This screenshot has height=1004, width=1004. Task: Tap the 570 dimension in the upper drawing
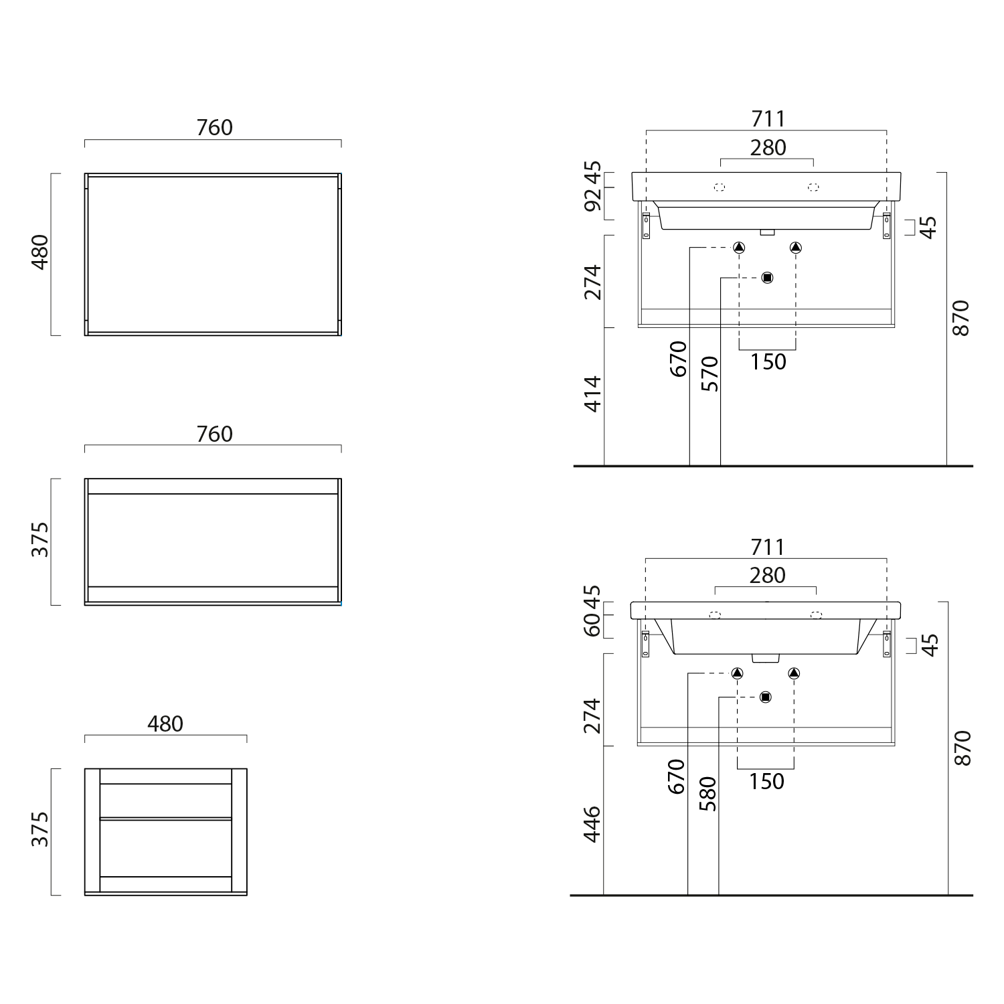coord(709,373)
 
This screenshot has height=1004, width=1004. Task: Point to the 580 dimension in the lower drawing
coord(708,794)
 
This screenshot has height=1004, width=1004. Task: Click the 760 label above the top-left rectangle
coord(214,128)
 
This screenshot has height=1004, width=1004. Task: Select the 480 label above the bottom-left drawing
coord(165,724)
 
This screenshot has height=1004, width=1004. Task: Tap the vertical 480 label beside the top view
coord(41,252)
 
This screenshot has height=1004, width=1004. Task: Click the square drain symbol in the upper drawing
coord(767,277)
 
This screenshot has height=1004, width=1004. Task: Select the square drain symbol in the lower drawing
coord(766,697)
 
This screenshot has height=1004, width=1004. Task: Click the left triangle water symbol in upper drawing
coord(739,248)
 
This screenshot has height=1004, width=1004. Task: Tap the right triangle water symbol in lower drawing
coord(794,673)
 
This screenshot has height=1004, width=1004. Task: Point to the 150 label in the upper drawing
coord(768,362)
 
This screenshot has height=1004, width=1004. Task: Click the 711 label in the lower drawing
coord(767,548)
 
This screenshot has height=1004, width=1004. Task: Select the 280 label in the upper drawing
coord(768,148)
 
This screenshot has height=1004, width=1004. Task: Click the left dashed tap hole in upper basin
coord(720,187)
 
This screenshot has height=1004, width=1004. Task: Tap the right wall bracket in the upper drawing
coord(887,226)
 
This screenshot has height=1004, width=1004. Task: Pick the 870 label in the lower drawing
coord(961,748)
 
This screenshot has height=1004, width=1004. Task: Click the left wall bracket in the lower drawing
coord(646,644)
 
